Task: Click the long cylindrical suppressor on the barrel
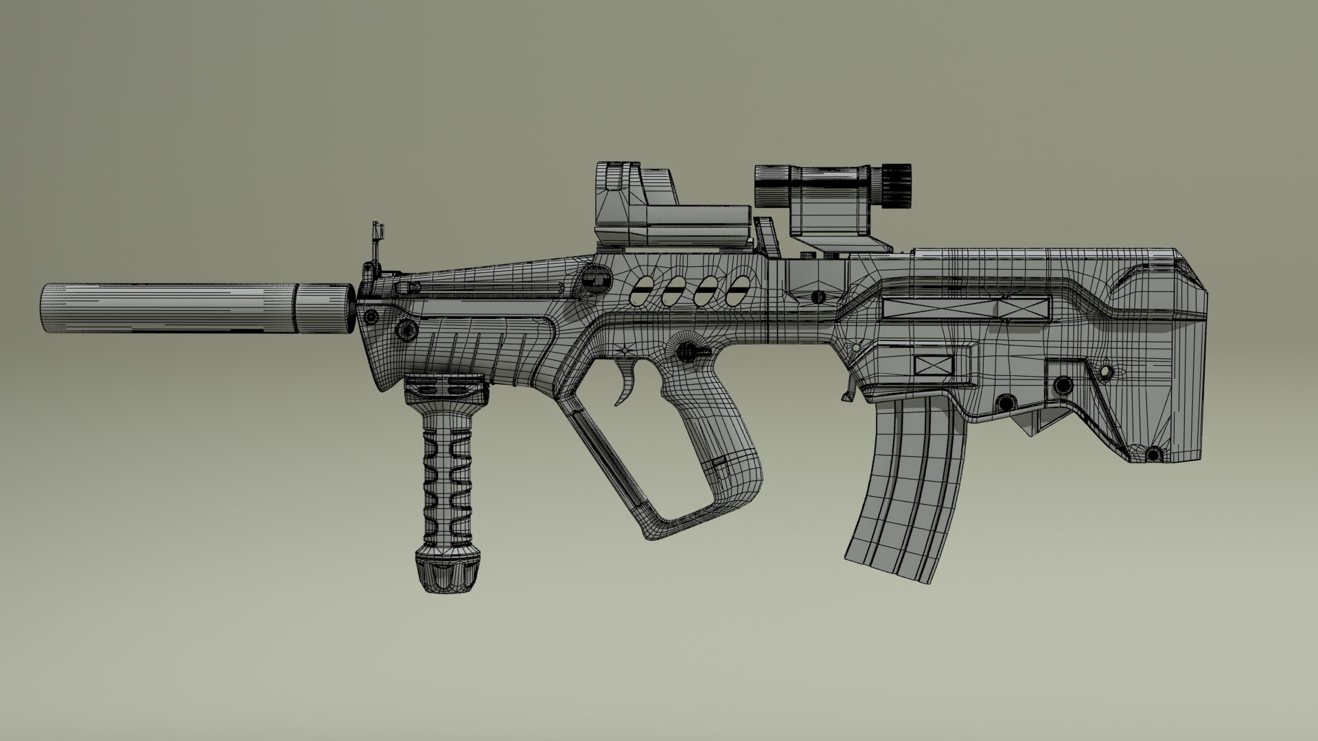tap(172, 309)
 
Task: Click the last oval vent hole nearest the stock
tap(737, 292)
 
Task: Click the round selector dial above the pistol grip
tap(684, 351)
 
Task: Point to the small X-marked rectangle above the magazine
tap(934, 364)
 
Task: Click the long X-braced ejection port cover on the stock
tap(967, 309)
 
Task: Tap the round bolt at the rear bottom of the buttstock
tap(1153, 454)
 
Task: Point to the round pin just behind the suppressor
tap(371, 317)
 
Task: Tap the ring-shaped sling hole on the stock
tap(1105, 371)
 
